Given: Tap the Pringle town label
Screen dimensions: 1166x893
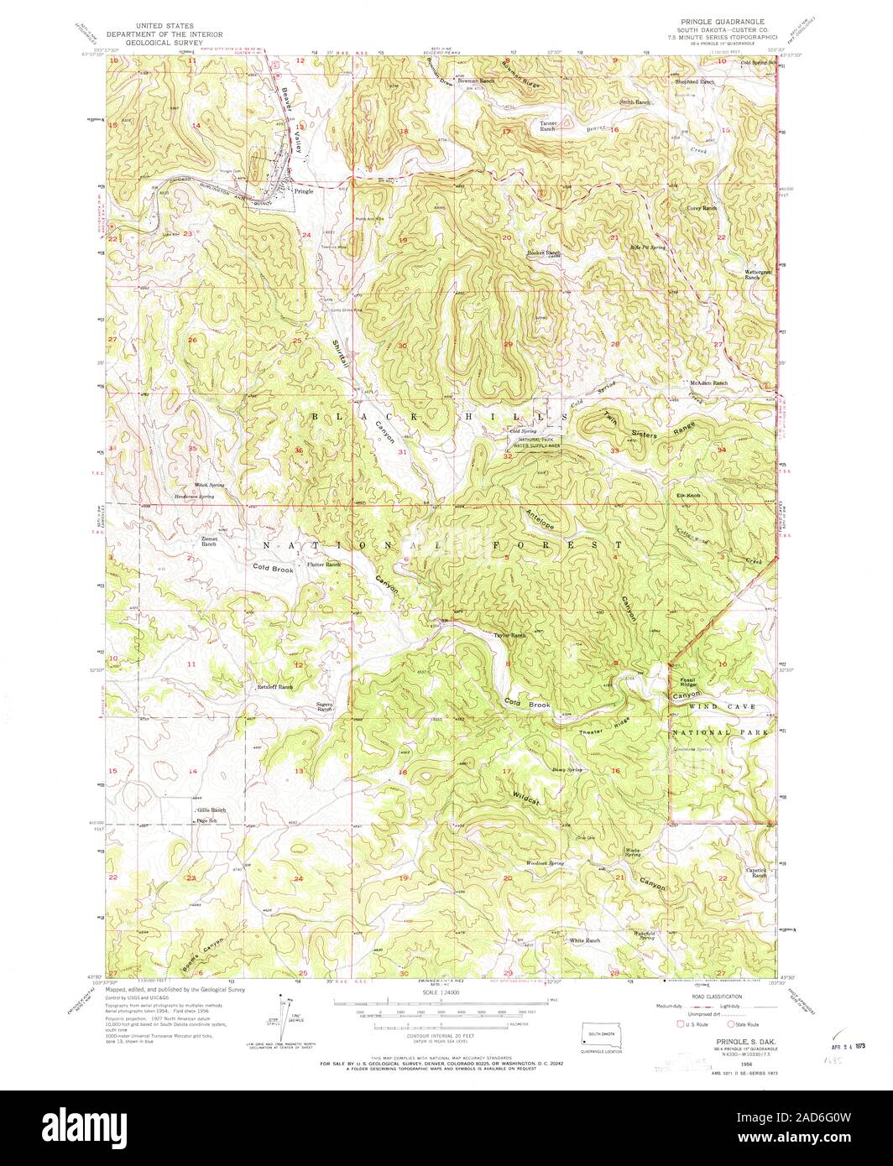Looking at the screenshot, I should click(x=304, y=191).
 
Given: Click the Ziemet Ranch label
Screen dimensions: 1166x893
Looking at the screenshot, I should click(x=209, y=541).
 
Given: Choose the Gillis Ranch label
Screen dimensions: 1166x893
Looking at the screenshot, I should click(x=211, y=810).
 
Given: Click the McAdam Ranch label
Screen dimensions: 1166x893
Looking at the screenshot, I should click(x=708, y=383).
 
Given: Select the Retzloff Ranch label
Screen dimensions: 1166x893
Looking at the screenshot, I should click(x=274, y=687).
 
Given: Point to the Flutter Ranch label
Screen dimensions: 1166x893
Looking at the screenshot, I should click(x=324, y=565).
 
